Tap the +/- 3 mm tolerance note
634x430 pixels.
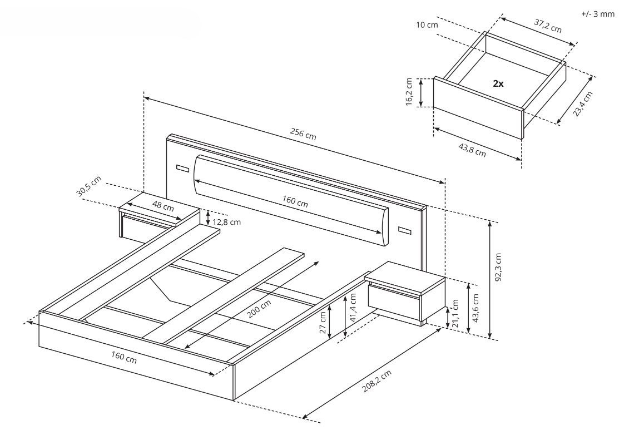coord(598,14)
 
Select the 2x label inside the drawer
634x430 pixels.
coord(498,84)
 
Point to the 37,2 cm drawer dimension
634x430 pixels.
coord(548,26)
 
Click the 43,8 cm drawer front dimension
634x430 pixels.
coord(472,150)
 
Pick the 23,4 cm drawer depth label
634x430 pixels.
coord(583,104)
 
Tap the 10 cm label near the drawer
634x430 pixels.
coord(427,25)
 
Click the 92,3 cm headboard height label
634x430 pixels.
coord(498,268)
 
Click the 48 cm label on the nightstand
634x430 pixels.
coord(163,206)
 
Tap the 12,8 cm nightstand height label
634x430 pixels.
coord(226,222)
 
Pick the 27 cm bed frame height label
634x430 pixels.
coord(323,323)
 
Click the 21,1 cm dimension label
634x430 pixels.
coord(455,314)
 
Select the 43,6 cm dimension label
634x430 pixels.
coord(475,308)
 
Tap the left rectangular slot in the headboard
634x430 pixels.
coord(183,169)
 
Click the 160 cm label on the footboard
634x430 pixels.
coord(124,357)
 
